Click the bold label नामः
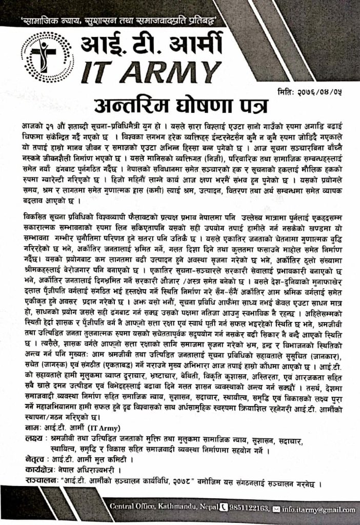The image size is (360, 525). click(x=34, y=426)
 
